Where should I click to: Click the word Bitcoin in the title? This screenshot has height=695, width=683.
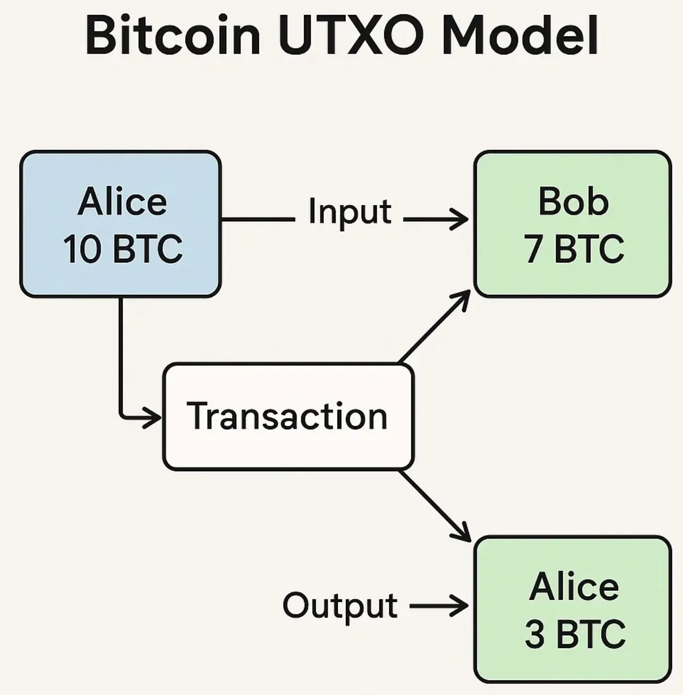pos(172,35)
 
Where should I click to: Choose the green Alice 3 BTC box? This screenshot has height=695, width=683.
pos(572,609)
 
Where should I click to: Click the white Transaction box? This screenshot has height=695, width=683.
pos(288,416)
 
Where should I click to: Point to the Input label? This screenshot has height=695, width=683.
pos(350,212)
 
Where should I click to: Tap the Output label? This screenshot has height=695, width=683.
pos(340,606)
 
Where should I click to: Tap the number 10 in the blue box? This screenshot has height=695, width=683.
pos(82,249)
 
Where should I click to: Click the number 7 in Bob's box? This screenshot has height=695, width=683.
pos(533,249)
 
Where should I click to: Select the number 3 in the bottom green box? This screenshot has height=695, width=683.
pos(534,634)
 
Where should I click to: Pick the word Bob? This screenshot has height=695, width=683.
pos(573,202)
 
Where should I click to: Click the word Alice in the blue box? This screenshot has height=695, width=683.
pos(122,202)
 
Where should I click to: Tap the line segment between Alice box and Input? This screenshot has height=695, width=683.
pos(258,219)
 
